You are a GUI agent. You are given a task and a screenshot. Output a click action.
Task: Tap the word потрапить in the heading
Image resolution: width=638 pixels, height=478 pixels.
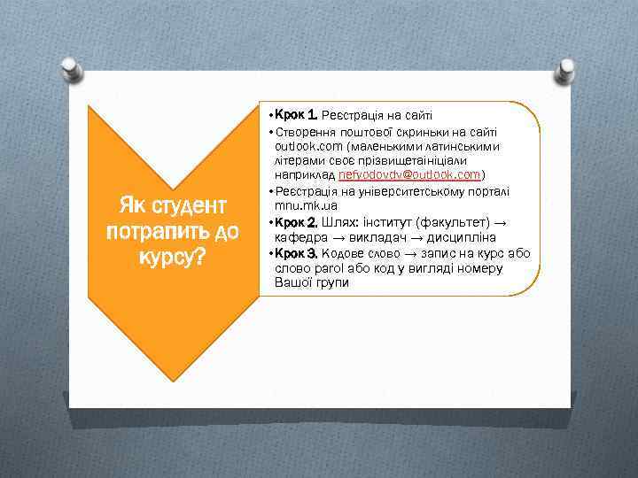[158, 232]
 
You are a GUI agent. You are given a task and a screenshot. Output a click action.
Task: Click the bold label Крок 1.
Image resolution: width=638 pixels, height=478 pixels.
[295, 115]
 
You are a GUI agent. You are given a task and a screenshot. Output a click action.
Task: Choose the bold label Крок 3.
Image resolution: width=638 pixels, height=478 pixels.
[295, 253]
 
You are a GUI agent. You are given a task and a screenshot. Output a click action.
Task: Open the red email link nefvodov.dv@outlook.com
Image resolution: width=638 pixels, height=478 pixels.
[409, 175]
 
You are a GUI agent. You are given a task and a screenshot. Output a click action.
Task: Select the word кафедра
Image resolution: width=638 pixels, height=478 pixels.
[302, 237]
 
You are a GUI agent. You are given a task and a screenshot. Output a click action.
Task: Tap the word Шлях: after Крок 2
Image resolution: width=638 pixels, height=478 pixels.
[337, 221]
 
